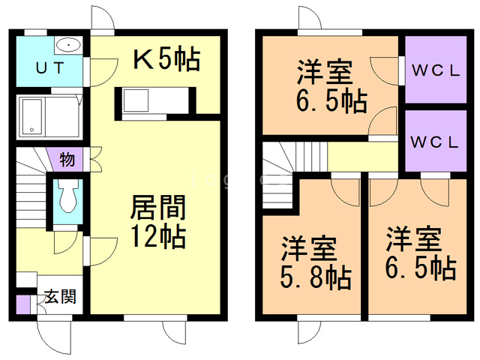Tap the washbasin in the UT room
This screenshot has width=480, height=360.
click(x=69, y=45)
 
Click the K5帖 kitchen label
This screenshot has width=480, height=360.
click(x=166, y=59)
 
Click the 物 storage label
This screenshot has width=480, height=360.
click(x=66, y=159)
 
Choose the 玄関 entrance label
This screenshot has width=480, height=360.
click(x=58, y=297)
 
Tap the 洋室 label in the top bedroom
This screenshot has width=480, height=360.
click(x=325, y=73)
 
